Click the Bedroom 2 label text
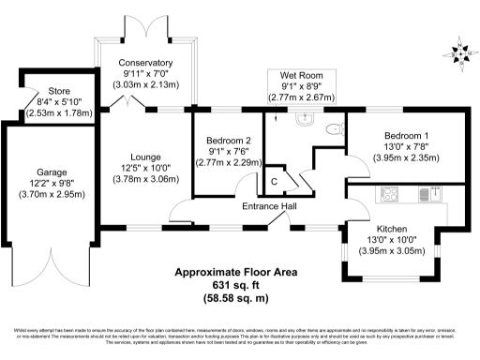point(229,141)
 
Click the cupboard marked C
point(275,181)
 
